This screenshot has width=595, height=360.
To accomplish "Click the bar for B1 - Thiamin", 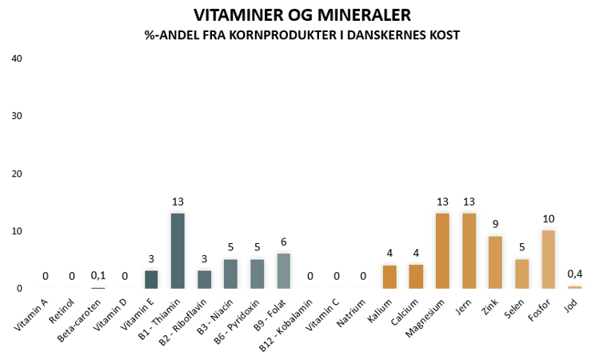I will (x=178, y=250).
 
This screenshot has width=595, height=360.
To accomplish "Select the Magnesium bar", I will (x=443, y=250).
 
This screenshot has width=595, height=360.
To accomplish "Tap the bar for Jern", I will (x=469, y=250).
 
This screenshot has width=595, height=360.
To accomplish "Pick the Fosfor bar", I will (x=549, y=259).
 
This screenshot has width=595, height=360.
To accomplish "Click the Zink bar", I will (x=496, y=262).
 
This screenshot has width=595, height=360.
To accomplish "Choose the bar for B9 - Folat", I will (x=284, y=270).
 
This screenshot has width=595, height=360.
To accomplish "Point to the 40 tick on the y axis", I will (x=17, y=58).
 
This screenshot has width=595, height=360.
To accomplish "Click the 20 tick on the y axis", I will (x=17, y=174).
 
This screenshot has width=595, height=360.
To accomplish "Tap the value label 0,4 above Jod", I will (x=575, y=274).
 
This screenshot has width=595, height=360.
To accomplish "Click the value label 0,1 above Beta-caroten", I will (x=98, y=276).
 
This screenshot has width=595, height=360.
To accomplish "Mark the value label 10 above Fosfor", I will (x=549, y=219).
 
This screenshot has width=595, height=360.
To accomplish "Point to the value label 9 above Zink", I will (x=496, y=225).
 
